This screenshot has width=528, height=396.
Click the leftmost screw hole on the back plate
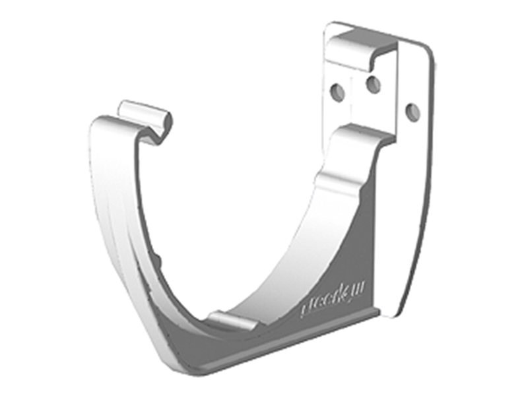coord(337,91)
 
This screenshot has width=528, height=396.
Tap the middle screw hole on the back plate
coord(373,84)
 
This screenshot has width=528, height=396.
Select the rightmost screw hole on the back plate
coord(412,112)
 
